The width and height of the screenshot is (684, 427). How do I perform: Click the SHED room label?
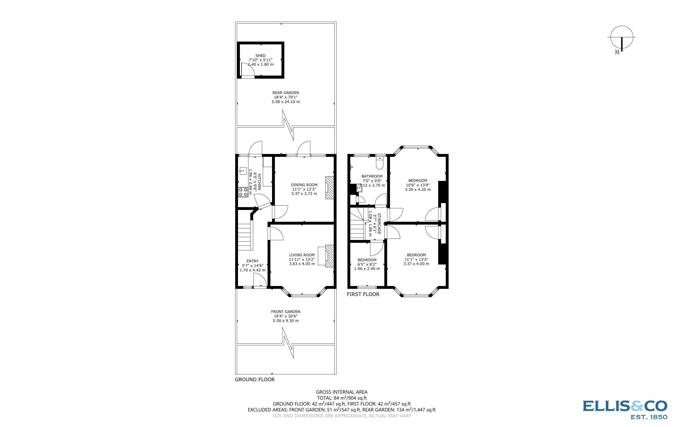click(x=260, y=56)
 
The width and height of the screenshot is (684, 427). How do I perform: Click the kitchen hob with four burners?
click(x=243, y=192)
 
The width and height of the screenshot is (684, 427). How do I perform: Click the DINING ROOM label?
click(x=304, y=185)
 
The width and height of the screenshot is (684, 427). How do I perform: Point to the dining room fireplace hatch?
click(x=329, y=188)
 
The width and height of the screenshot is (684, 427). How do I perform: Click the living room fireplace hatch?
click(x=329, y=256)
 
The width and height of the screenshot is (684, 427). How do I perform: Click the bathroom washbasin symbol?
click(x=359, y=188)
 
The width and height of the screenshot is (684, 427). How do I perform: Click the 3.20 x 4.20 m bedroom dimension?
click(x=418, y=189)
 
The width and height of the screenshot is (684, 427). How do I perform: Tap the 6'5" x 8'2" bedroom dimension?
click(x=367, y=264)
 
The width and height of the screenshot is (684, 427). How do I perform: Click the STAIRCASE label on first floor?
click(x=379, y=223)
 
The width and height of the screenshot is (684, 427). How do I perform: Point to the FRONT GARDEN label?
click(x=286, y=312)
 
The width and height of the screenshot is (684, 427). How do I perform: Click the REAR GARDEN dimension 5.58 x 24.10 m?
click(x=286, y=102)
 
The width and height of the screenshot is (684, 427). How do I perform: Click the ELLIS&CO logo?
click(x=625, y=408)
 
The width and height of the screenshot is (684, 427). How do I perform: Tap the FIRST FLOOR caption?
click(x=363, y=294)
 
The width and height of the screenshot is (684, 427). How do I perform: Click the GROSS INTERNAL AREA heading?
click(x=342, y=392)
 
